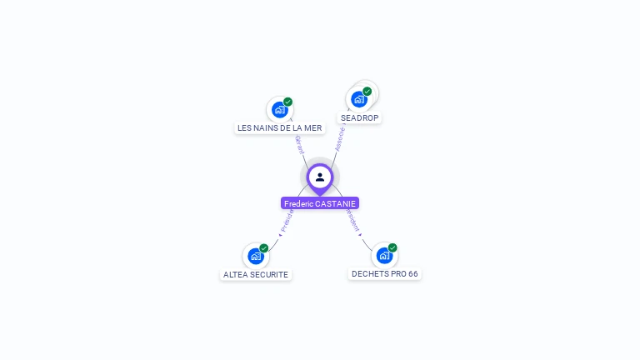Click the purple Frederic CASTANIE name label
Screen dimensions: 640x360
pos(320,203)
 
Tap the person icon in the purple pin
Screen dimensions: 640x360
pos(320,177)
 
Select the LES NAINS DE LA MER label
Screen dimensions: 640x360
pos(279,127)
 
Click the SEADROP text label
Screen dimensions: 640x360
pos(360,118)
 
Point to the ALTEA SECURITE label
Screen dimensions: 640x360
pos(256,274)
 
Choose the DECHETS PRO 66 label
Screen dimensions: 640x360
pos(385,273)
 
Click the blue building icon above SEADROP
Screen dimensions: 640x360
pos(359,99)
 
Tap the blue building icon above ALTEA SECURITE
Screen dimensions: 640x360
pos(255,256)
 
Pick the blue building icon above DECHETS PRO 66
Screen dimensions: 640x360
pos(384,255)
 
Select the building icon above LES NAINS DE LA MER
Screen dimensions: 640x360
pos(279,109)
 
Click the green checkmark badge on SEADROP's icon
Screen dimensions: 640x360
pos(367,91)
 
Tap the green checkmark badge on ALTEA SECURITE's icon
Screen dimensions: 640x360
pos(264,247)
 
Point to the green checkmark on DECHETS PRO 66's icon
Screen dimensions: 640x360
pos(392,247)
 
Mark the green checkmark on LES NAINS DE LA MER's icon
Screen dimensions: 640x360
pos(288,102)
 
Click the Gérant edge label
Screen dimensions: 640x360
pos(299,144)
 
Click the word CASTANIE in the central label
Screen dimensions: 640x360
pos(336,203)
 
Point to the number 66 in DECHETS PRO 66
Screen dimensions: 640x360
pos(412,273)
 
